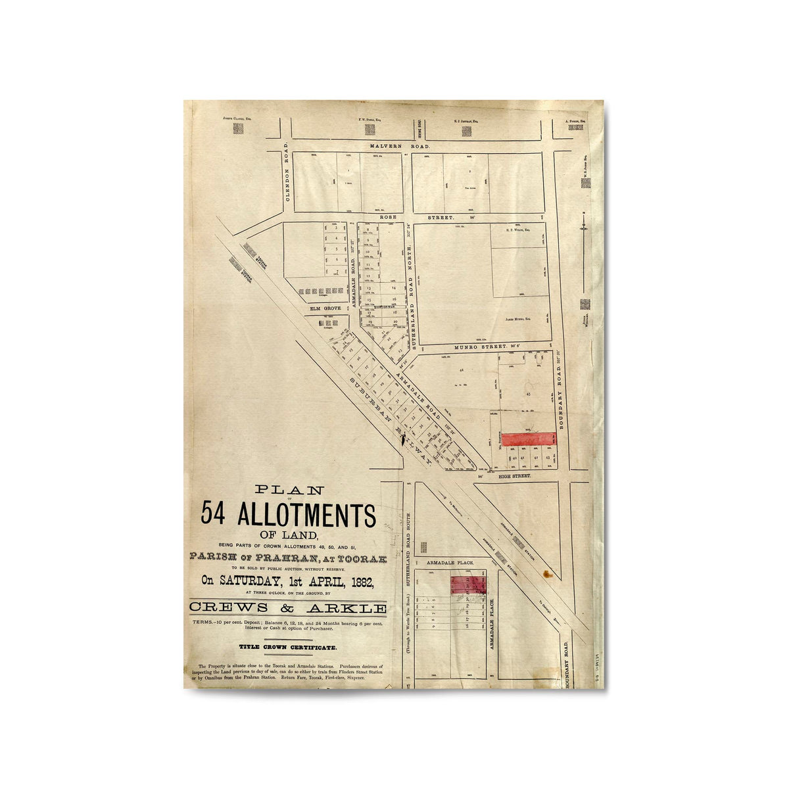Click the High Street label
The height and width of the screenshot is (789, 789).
(514, 475)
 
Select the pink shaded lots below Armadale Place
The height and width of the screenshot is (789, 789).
(468, 583)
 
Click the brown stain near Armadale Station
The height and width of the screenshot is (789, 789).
(546, 574)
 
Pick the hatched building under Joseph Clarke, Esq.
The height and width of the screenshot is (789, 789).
(237, 130)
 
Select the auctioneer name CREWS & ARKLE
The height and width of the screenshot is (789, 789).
(288, 608)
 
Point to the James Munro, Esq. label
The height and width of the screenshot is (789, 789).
(518, 319)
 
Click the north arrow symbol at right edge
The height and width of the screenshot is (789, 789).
(584, 227)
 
